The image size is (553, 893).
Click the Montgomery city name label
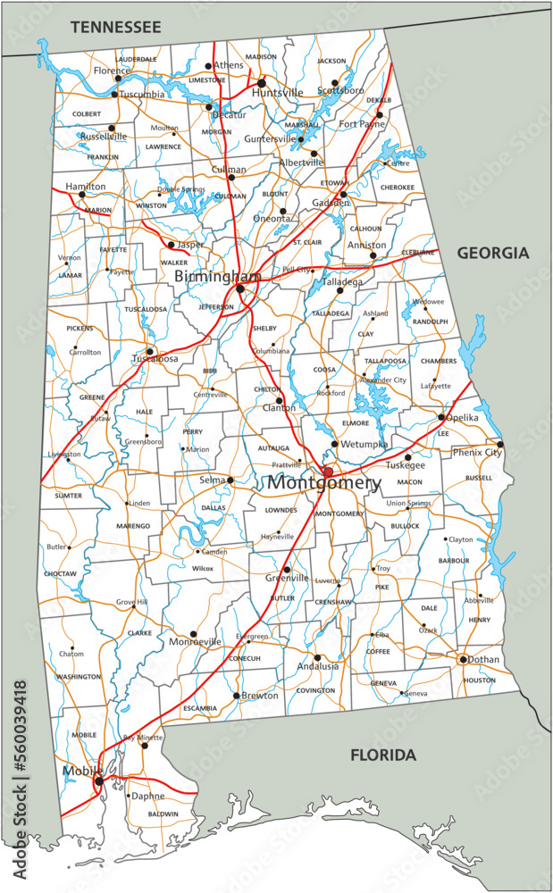click(x=324, y=483)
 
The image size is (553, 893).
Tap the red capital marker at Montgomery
click(x=328, y=472)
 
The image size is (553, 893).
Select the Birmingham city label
click(x=218, y=277)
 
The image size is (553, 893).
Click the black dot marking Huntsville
click(x=262, y=82)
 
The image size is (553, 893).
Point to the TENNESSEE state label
click(x=116, y=28)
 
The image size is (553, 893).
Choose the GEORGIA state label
click(x=493, y=254)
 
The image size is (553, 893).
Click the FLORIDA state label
click(x=382, y=755)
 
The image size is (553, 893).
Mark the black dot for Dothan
click(x=463, y=660)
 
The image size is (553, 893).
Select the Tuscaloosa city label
click(x=155, y=359)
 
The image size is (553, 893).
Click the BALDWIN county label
click(x=163, y=814)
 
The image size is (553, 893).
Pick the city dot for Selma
click(x=230, y=480)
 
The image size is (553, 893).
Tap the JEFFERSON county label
click(x=215, y=306)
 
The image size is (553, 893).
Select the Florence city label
click(x=112, y=71)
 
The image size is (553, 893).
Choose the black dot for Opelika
click(x=441, y=417)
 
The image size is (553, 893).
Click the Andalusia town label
click(x=318, y=666)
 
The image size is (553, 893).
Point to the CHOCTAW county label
click(x=60, y=572)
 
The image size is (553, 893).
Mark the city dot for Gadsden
click(x=343, y=194)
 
